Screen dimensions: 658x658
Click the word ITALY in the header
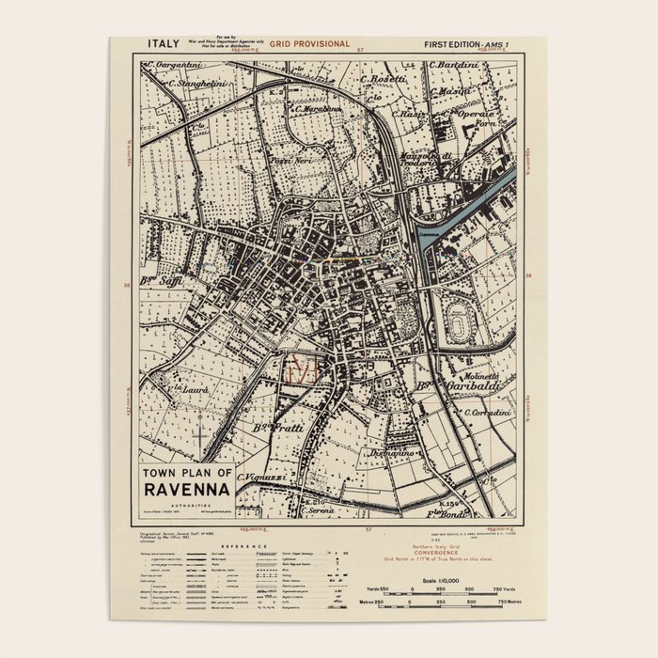point(164,43)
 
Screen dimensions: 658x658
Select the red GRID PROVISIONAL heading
point(309,44)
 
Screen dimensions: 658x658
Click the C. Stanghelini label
point(199,84)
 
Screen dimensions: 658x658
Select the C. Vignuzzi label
point(262,477)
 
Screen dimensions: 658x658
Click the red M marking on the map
point(303,370)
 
